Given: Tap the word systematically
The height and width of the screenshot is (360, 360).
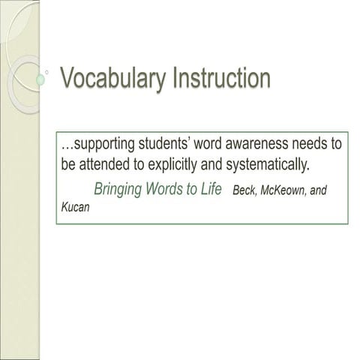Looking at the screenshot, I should (267, 165).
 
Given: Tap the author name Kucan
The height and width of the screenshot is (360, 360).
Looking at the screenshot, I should (75, 207).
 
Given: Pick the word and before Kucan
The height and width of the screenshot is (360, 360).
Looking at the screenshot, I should (319, 190).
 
